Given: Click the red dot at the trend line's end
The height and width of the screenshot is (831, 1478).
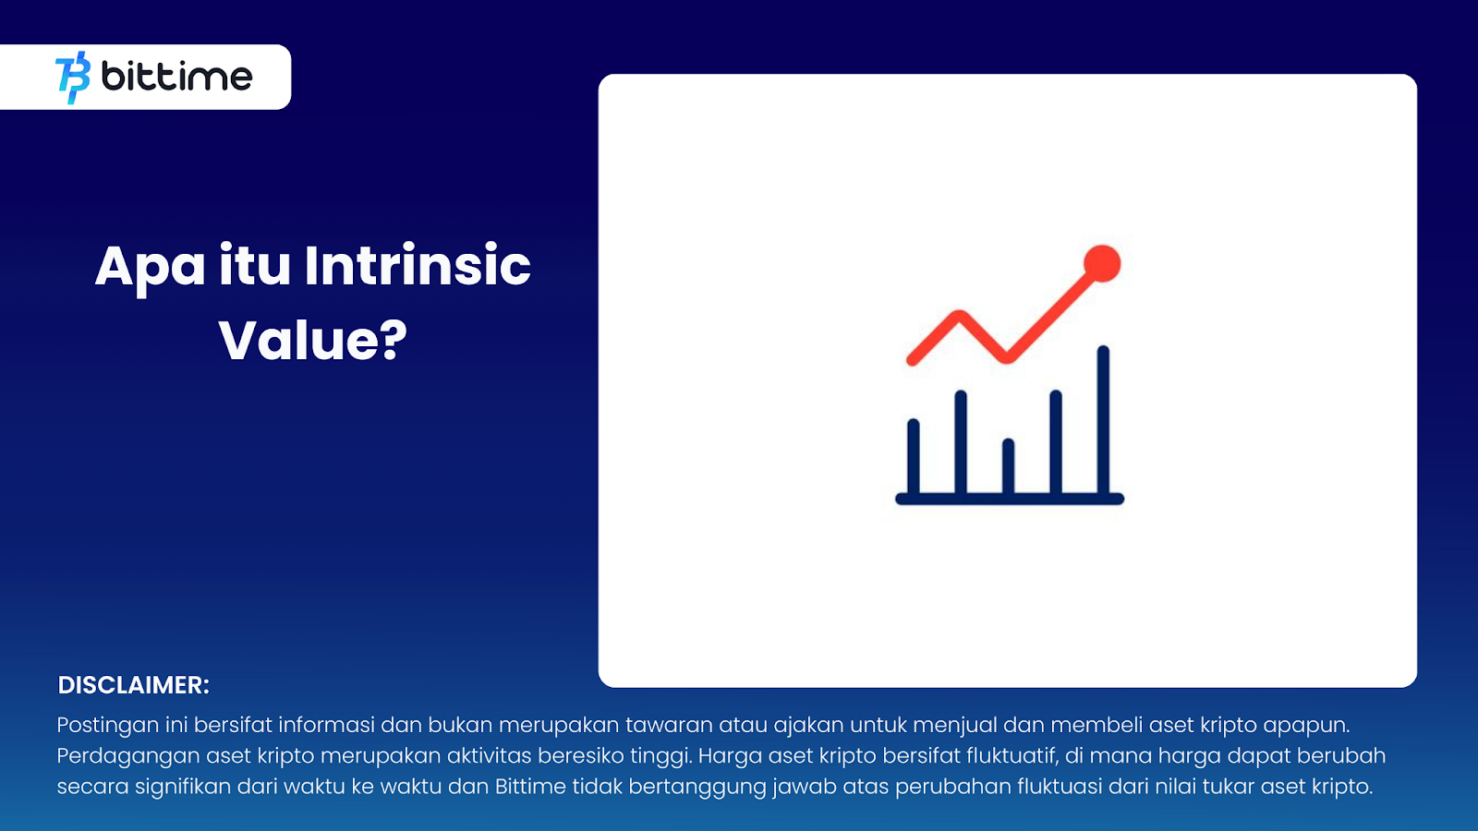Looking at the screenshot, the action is tap(1102, 263).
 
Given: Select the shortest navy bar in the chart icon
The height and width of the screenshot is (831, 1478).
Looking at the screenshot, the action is tap(1008, 467).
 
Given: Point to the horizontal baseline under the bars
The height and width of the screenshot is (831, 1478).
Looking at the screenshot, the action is tap(1010, 500).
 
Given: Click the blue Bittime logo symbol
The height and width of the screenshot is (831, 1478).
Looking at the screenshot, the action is tap(73, 78).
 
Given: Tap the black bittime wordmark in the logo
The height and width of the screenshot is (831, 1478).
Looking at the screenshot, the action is tap(176, 77).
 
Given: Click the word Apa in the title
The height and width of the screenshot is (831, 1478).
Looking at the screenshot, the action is tap(151, 267).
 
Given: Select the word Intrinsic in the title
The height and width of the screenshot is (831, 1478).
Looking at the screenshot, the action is tap(418, 266).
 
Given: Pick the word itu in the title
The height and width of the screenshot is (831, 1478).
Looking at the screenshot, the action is tap(255, 266).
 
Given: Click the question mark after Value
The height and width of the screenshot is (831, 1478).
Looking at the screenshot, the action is tap(394, 340).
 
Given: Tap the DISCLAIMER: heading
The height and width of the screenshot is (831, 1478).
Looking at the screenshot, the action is tap(133, 685).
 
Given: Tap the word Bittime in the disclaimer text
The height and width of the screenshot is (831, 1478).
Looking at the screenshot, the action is tap(530, 786).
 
